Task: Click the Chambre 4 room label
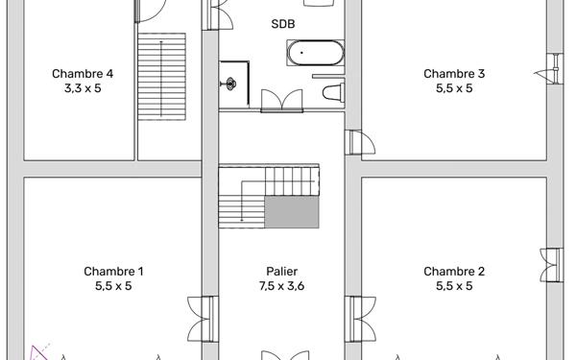[x=83, y=73]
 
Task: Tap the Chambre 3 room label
[x=454, y=73]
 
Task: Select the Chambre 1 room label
[x=113, y=271]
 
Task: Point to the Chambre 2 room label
[x=454, y=271]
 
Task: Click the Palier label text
[x=281, y=271]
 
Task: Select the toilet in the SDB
[x=332, y=93]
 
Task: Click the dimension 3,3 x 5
[x=83, y=88]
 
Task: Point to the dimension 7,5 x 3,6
[x=281, y=285]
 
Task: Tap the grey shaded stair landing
[x=291, y=213]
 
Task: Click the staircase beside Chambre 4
[x=161, y=77]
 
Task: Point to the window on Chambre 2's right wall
[x=551, y=265]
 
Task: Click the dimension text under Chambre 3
[x=454, y=88]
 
